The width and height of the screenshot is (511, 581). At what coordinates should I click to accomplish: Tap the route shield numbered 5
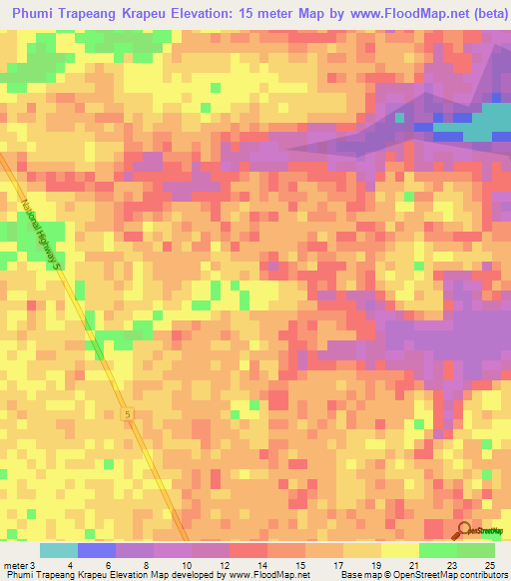(x=127, y=413)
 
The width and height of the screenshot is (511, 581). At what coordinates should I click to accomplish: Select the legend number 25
(x=488, y=564)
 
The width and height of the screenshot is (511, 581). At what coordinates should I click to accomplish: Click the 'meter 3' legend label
(x=18, y=564)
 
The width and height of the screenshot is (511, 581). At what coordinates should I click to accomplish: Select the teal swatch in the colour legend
(x=59, y=550)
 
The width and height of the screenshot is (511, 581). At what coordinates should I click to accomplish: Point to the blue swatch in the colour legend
(x=97, y=550)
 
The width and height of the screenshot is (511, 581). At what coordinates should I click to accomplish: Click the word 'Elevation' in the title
(x=231, y=12)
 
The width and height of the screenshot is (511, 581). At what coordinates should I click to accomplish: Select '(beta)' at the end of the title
(x=480, y=12)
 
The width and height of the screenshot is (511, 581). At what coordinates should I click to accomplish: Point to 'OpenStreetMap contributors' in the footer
(x=453, y=575)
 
